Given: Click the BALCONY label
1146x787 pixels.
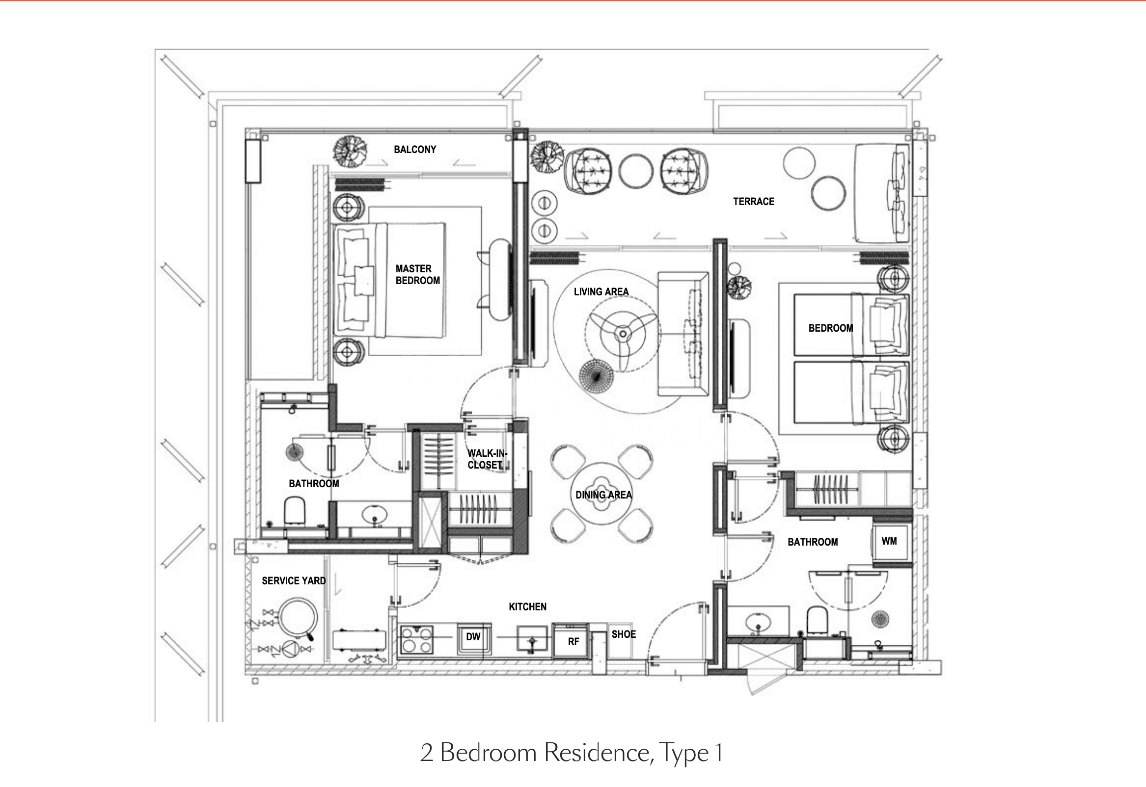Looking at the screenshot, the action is (x=415, y=150).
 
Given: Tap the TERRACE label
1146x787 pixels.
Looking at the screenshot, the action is (x=753, y=201).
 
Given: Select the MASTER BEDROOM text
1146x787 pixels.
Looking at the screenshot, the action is (x=417, y=275).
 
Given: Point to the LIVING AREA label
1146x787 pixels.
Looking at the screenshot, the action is (x=601, y=292).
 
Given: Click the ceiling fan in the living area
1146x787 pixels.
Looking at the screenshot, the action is (x=623, y=334).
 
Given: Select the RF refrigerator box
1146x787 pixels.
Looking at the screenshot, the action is (x=571, y=641).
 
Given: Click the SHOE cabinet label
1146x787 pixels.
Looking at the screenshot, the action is (x=624, y=634).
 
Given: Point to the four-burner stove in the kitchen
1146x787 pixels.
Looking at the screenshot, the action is (x=416, y=639).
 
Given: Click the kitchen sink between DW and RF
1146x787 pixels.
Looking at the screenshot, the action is (x=532, y=640).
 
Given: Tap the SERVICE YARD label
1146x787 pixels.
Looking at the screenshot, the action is (x=294, y=581).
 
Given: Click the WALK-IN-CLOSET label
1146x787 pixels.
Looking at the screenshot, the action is (x=487, y=459).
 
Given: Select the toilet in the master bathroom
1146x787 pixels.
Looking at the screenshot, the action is (x=296, y=510).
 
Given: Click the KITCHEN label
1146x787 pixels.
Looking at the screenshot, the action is (x=527, y=606).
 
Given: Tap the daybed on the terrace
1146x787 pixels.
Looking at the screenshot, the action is (x=882, y=193).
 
